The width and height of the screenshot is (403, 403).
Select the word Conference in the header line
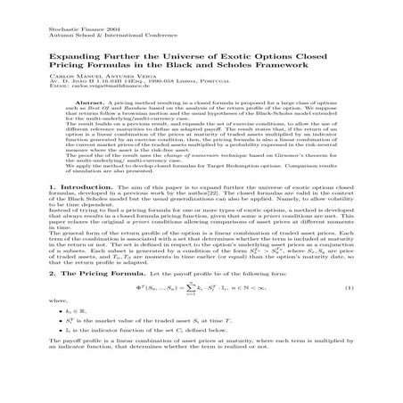click(135, 37)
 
